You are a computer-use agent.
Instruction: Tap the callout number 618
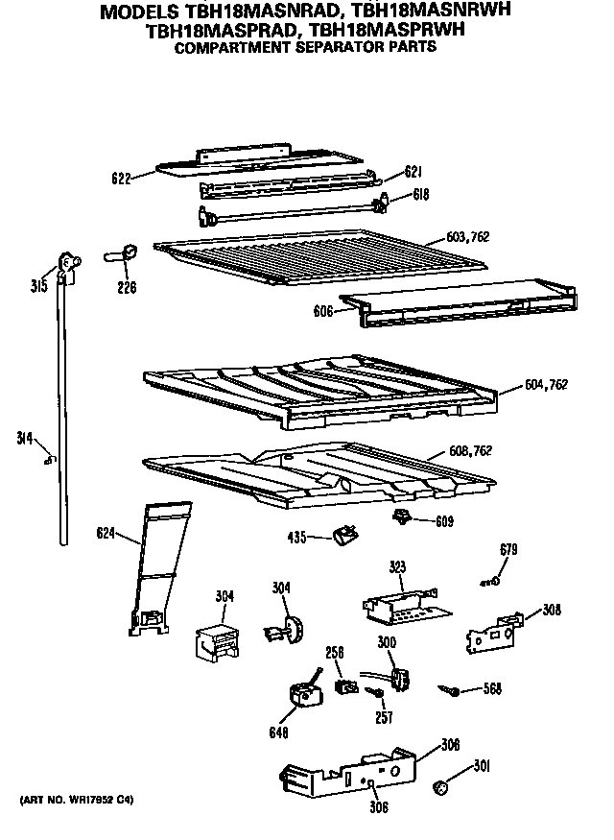[x=420, y=194]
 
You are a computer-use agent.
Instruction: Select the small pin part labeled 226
[x=122, y=254]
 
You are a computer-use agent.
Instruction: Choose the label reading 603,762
[x=467, y=237]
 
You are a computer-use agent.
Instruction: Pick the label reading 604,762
[x=547, y=384]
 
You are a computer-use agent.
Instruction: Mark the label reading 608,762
[x=470, y=451]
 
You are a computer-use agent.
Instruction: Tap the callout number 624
[x=107, y=532]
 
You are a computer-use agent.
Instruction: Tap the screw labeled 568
[x=448, y=688]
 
